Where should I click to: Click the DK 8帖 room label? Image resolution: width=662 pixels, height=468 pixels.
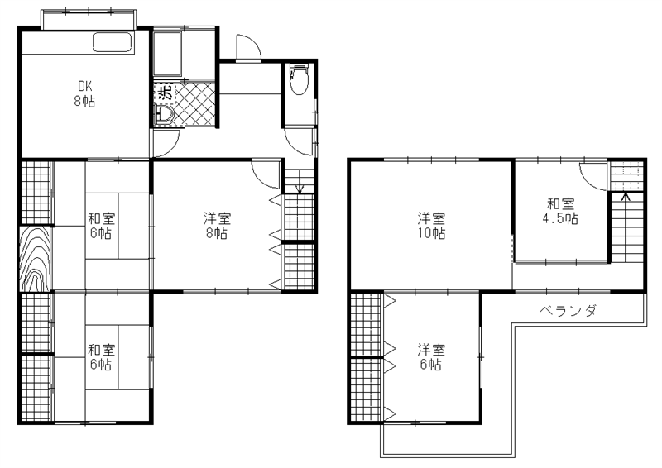84,93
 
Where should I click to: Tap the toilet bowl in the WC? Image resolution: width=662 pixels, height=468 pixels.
299,84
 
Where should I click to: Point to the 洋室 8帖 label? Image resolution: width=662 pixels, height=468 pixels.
218,226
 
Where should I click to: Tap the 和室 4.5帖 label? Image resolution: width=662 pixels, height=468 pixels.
560,211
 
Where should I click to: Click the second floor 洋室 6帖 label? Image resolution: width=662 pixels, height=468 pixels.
429,356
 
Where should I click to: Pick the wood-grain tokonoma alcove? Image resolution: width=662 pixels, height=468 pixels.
36,258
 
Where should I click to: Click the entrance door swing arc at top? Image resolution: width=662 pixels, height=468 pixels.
249,48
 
